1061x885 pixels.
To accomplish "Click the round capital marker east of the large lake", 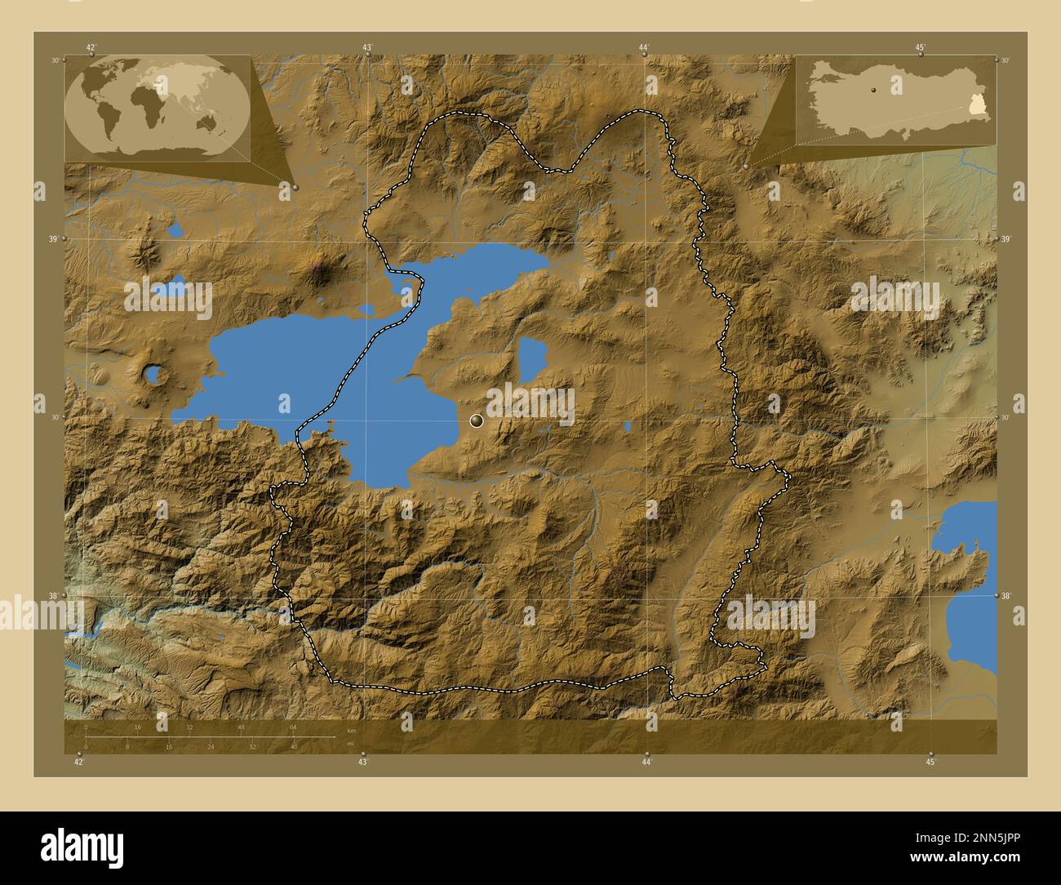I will coord(477,421).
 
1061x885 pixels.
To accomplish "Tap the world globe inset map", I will coord(158,107).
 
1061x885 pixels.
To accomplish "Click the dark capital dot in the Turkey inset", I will coord(872,90).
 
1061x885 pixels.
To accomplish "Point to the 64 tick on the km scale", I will coord(293,727).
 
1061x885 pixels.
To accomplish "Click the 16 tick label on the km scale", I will coord(137,727).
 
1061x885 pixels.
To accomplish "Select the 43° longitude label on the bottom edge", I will coord(363,762).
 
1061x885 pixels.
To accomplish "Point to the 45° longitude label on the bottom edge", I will coord(931,762).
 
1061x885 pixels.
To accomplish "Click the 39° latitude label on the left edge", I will coord(54,239).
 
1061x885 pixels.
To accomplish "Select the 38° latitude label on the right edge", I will coord(1006,597).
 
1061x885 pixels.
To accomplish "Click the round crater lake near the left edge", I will coord(153,376).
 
